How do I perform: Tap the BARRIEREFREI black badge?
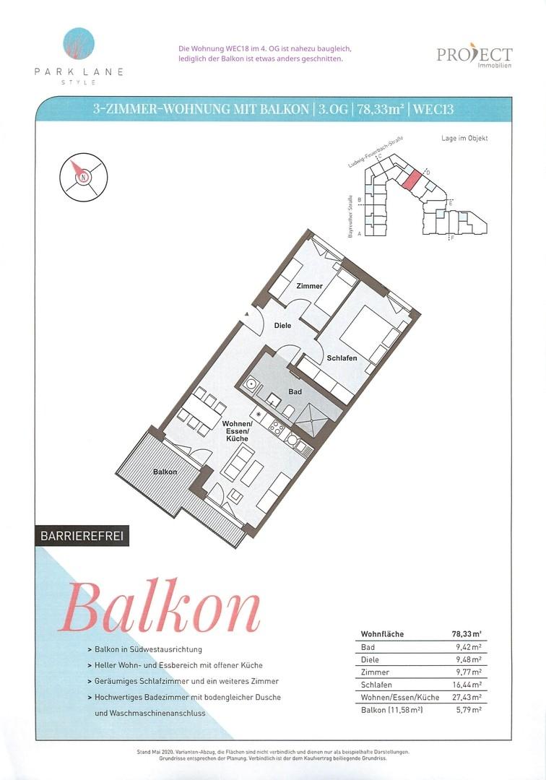pos(82,536)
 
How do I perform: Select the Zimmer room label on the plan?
pos(309,286)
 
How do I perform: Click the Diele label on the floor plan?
pos(283,325)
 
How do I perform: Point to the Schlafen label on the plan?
pos(342,357)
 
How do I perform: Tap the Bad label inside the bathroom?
pos(295,391)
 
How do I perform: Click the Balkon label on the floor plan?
pos(165,472)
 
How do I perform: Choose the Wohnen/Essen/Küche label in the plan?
pos(237,430)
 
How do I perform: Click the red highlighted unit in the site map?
pos(411,178)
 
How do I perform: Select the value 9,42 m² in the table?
pos(469,647)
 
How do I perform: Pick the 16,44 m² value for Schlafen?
pos(467,685)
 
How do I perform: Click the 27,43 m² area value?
pos(467,697)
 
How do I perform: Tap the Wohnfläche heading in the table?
pos(382,634)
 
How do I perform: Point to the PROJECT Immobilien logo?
pos(474,57)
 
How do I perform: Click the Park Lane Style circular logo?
pos(79,43)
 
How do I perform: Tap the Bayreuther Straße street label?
pos(350,216)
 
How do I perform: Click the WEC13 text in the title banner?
pos(433,109)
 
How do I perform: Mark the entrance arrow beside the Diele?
pos(246,314)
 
